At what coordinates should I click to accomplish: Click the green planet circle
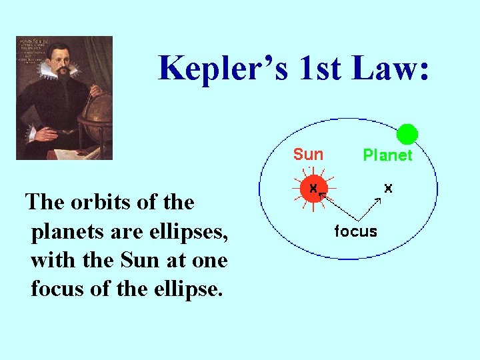[407, 135]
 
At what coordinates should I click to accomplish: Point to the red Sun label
[308, 155]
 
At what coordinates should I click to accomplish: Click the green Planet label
[387, 155]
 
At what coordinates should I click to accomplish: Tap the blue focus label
[355, 231]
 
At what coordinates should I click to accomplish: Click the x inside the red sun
[313, 189]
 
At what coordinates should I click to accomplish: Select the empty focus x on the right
[388, 189]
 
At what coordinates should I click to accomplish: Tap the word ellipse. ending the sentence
[189, 289]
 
